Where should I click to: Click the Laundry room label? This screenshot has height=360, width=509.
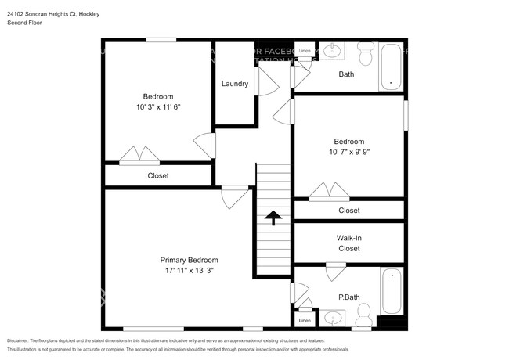(235, 84)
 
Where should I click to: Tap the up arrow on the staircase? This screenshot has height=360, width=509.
(273, 218)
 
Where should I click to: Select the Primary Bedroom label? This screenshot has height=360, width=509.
(189, 260)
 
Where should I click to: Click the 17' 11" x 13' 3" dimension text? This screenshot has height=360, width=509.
(189, 270)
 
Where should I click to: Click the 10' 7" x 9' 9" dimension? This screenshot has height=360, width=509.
(348, 152)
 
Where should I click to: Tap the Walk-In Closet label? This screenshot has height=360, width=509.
(348, 243)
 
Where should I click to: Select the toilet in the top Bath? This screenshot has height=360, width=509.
(365, 55)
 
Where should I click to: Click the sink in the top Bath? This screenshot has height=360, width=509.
(332, 52)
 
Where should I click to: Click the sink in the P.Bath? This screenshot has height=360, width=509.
(334, 319)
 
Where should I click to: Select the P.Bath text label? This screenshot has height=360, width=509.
(348, 297)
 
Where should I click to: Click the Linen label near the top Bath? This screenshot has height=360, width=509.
(305, 51)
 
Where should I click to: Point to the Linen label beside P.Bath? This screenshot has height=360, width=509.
(305, 321)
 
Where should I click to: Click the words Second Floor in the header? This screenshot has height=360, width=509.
(25, 23)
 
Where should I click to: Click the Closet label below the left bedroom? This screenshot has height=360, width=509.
(158, 176)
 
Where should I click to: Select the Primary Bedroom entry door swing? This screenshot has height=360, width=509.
(233, 196)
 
